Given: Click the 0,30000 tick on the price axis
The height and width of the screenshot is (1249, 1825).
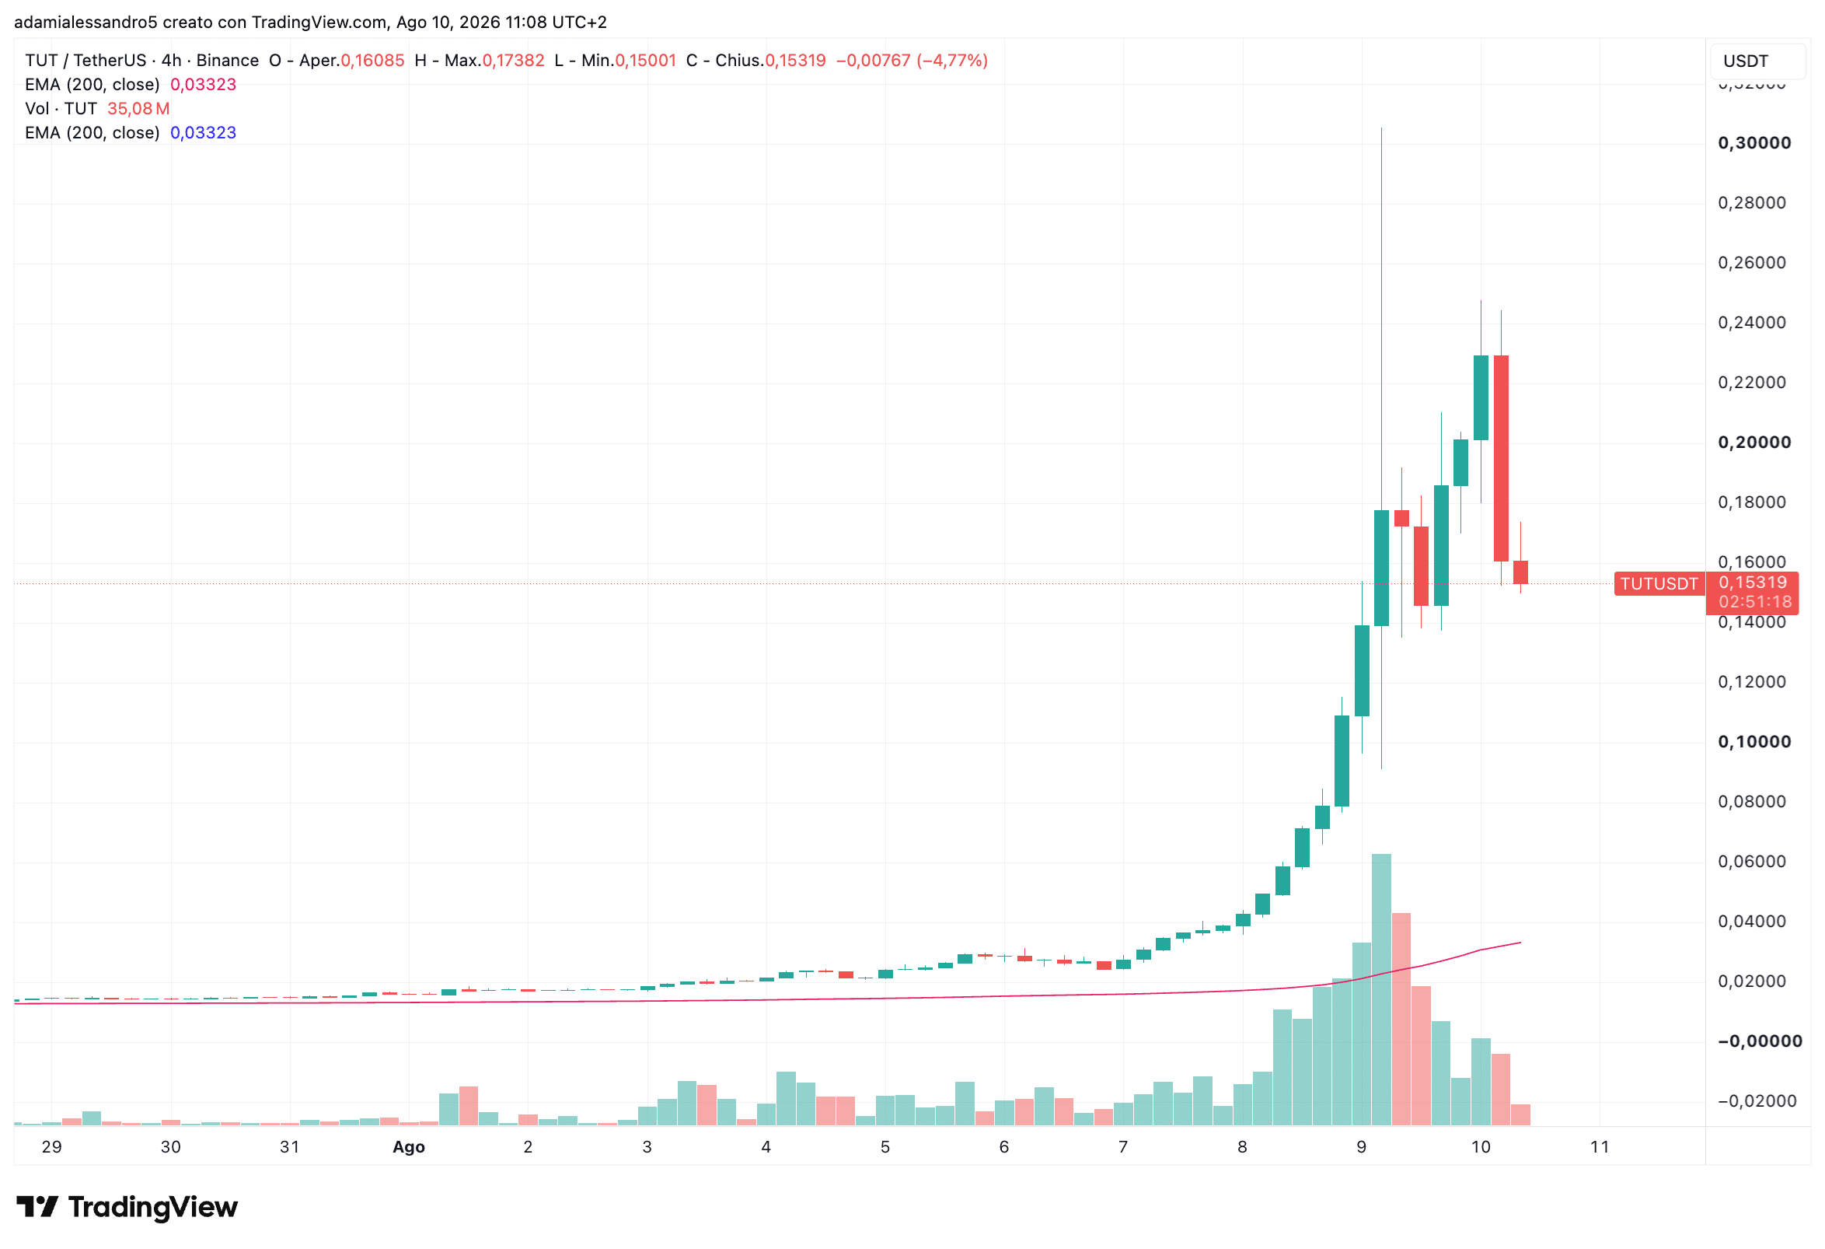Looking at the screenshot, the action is point(1754,143).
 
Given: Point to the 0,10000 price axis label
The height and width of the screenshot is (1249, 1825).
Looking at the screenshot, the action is point(1754,741).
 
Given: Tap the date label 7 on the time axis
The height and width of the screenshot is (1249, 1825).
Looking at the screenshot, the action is point(1123,1147).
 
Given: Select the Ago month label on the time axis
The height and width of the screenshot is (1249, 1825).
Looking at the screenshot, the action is point(408,1147).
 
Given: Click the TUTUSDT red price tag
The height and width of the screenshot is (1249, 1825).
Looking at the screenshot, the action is point(1659,583).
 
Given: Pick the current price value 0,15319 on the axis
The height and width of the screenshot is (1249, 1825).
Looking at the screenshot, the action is point(1753,582).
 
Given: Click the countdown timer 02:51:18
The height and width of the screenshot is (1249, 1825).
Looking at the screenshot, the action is point(1755,602).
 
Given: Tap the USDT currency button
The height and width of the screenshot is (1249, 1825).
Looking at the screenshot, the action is point(1745,61).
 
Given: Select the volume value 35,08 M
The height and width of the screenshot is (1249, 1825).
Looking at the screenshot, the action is point(138,108).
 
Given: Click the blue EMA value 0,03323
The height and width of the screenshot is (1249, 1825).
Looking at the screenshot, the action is point(204,133).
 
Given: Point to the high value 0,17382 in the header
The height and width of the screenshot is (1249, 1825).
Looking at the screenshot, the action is point(514,61).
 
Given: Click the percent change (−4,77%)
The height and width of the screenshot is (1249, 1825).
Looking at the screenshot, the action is point(952,61).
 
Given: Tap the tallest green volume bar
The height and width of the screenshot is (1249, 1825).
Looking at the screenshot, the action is point(1381,990).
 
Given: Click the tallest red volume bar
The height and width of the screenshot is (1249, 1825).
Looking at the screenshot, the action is point(1401,1020).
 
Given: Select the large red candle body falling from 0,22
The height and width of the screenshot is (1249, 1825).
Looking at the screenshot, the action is point(1501,459).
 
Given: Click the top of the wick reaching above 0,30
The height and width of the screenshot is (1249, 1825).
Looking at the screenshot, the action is point(1381,128).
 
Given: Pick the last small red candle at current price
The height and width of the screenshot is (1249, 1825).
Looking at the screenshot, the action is point(1520,572).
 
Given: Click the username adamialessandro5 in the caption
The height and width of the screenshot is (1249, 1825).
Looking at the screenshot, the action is point(86,22).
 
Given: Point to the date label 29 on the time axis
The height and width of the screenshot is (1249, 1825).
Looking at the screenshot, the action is point(52,1147).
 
